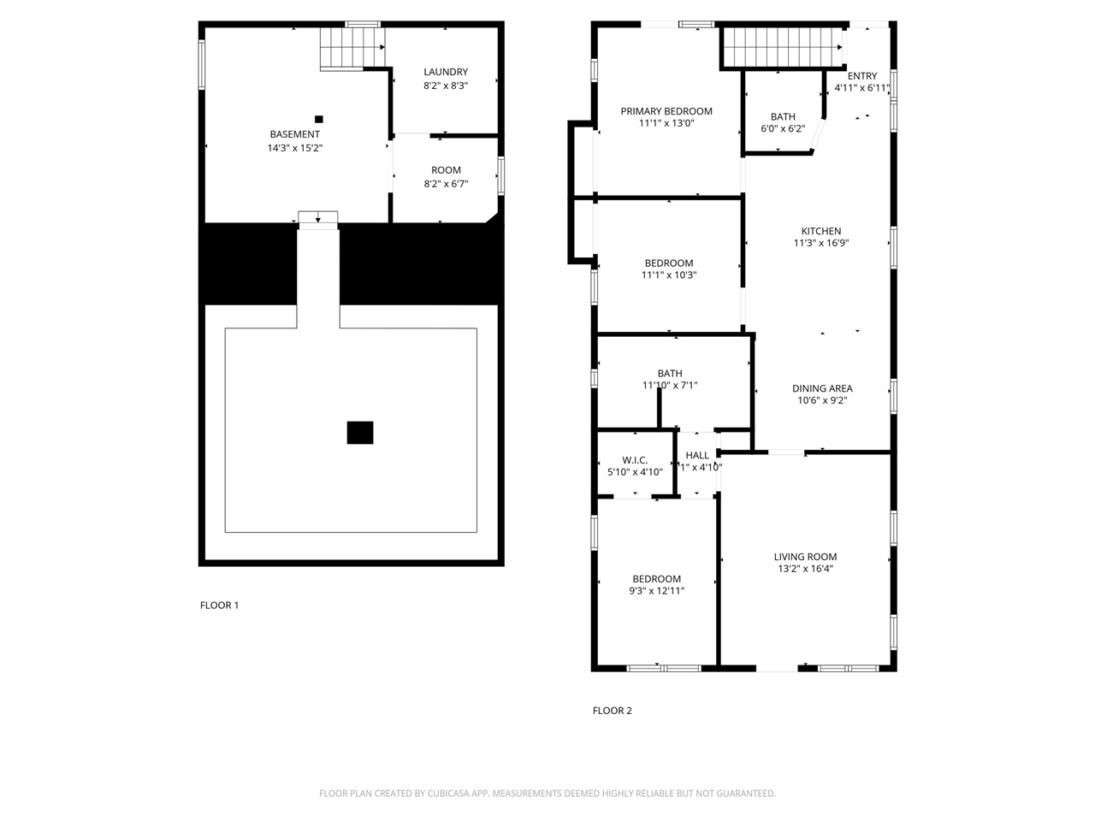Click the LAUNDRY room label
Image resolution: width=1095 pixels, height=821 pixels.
point(446,72)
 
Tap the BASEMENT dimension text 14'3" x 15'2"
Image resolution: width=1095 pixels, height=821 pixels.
point(295,148)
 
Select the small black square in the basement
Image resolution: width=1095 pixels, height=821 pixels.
point(319,119)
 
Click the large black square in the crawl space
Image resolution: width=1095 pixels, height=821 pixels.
point(360,433)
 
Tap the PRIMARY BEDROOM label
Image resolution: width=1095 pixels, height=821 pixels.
point(666,111)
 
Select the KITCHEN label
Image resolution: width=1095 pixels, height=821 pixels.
point(821,231)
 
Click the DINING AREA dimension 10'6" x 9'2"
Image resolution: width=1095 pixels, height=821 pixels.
point(822,400)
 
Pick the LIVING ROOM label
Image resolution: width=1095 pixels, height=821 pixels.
point(805,557)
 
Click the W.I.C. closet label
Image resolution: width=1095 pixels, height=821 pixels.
point(635,460)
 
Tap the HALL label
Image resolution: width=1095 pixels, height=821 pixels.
point(697,455)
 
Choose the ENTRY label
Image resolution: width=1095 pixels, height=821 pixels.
point(862,76)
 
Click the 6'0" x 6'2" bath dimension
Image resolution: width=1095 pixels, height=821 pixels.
point(783,129)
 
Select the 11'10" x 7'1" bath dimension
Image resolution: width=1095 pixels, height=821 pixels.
point(670,386)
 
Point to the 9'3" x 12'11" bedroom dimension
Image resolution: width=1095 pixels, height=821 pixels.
point(657,591)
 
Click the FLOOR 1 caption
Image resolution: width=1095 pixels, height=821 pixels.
point(219,605)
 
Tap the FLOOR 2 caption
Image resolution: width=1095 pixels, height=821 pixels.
point(613,711)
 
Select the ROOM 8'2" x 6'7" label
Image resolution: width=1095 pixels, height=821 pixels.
point(446,170)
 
